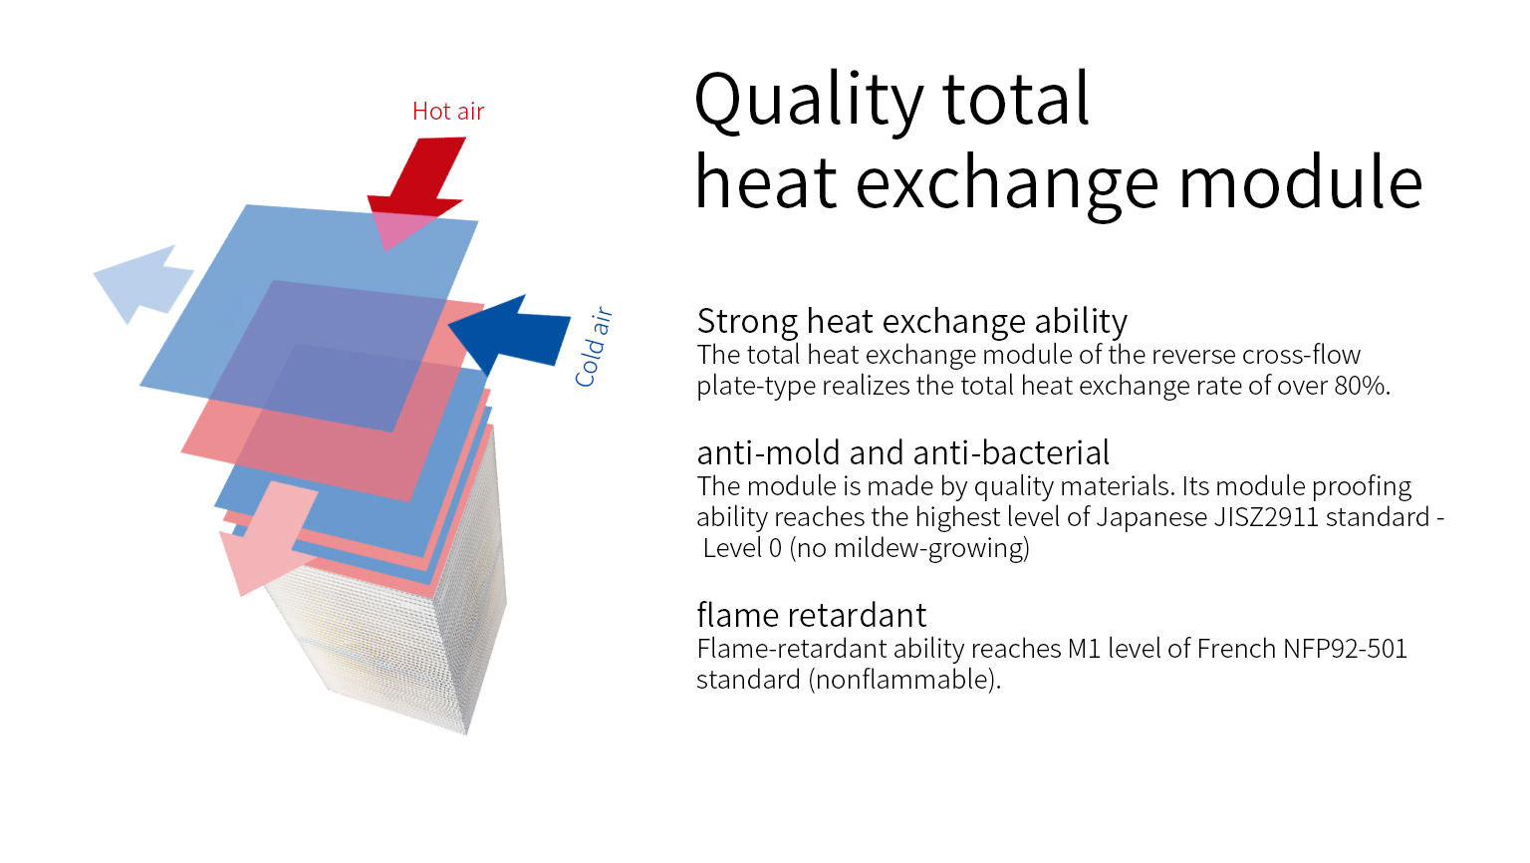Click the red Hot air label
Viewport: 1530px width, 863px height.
coord(448,111)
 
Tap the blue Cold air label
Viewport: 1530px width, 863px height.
coord(593,347)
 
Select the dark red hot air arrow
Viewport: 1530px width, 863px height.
coord(415,193)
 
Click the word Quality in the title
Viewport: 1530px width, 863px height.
coord(809,100)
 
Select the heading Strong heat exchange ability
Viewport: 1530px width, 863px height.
coord(911,321)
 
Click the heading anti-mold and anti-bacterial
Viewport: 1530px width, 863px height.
coord(903,452)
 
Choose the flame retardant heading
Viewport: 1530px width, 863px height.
coord(812,614)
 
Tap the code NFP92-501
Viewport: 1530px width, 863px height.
coord(1345,649)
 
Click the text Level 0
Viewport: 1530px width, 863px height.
coord(742,548)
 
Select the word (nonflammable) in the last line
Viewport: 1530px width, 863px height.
coord(904,680)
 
